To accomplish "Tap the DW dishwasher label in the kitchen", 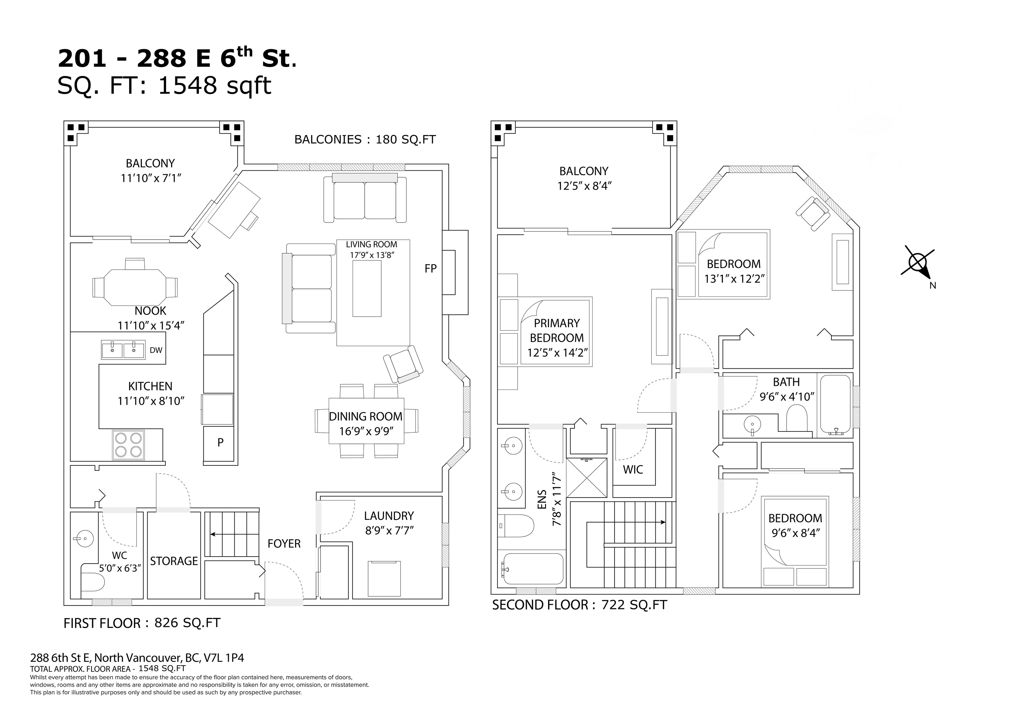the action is [x=156, y=350].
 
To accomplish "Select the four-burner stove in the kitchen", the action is [x=128, y=445].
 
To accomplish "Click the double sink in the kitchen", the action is [x=123, y=350].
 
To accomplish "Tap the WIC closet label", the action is [x=633, y=470].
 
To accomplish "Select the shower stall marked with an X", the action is [x=587, y=478].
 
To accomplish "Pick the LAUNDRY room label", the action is [x=389, y=516].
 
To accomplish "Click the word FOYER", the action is [x=284, y=544].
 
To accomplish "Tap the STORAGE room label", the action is [x=174, y=561].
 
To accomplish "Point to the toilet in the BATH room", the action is [x=797, y=418].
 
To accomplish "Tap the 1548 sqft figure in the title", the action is [x=214, y=86].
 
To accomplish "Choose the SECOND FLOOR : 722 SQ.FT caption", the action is [x=579, y=605].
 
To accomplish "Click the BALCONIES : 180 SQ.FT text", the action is [x=365, y=140].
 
